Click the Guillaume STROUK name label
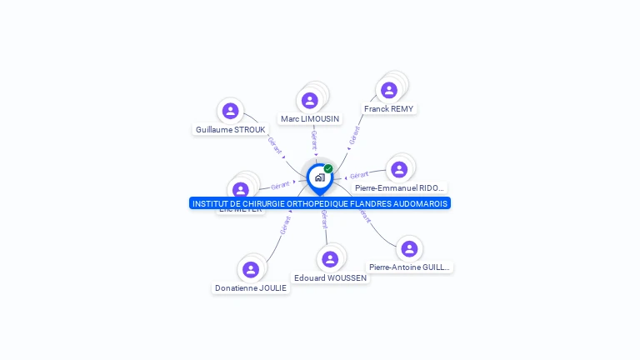(230, 130)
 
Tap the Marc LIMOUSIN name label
(310, 119)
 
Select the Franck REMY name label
(388, 109)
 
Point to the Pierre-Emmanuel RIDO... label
(400, 188)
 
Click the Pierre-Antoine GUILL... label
(409, 267)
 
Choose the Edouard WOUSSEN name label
(330, 278)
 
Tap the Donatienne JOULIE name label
(251, 288)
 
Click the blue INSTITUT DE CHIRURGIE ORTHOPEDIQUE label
(320, 203)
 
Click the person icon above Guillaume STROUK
(231, 111)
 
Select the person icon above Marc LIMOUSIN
(310, 101)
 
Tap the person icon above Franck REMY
(389, 90)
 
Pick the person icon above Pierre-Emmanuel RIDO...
(399, 169)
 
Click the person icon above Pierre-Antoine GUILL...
(409, 248)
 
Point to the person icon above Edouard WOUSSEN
(330, 259)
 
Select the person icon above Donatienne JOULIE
(251, 269)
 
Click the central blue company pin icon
(319, 177)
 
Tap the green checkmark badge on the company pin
(328, 169)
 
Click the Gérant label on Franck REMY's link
(356, 135)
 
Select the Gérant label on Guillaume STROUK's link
(274, 143)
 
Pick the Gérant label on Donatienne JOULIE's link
(286, 224)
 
